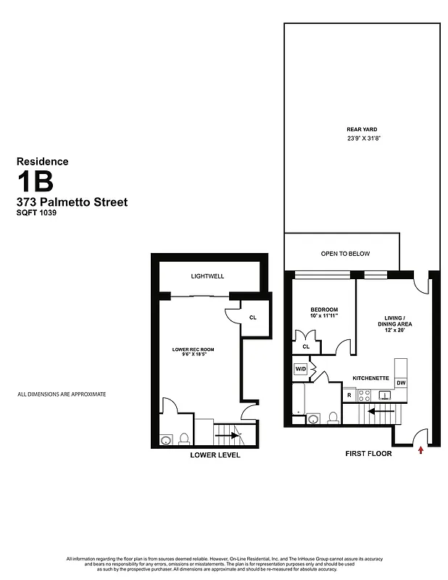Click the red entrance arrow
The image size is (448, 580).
tap(420, 450)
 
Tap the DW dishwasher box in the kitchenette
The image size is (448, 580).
tap(401, 383)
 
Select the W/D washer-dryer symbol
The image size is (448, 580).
tap(300, 369)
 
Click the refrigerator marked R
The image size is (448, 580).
tap(349, 395)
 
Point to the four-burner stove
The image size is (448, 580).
tap(365, 396)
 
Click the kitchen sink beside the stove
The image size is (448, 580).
tap(384, 395)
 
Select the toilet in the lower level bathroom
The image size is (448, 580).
tap(184, 438)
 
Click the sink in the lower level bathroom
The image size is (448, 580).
tap(165, 439)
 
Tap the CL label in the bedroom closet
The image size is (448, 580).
tap(306, 347)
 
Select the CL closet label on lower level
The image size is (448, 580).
tap(252, 318)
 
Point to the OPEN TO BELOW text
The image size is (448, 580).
tap(345, 254)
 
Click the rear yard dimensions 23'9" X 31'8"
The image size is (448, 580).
tap(363, 138)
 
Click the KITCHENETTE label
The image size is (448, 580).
tap(371, 378)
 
